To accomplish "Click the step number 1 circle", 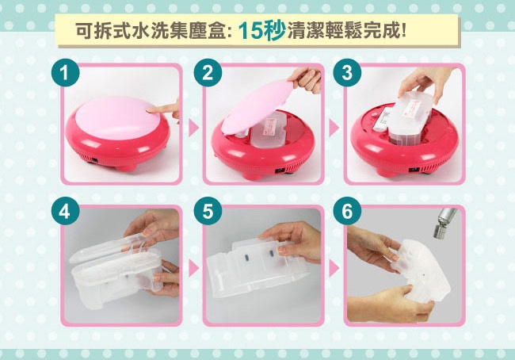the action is point(65,73).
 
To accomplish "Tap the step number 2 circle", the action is point(208,73).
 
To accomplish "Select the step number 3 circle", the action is point(347,73).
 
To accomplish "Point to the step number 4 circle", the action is point(65,212).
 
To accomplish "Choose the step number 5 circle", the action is point(208,212).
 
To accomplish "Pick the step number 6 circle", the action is point(347,212).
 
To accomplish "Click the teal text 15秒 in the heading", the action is point(261,31).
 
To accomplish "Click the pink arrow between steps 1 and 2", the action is point(193,128).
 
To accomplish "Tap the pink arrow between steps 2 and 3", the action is point(334,128).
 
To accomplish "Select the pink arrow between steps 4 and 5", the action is point(193,269).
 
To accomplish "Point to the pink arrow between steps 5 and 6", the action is point(334,269).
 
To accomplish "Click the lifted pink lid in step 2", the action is point(257,107).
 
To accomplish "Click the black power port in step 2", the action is point(280,170).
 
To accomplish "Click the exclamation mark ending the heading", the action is point(403,31).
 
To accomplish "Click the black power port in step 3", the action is point(414,170).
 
